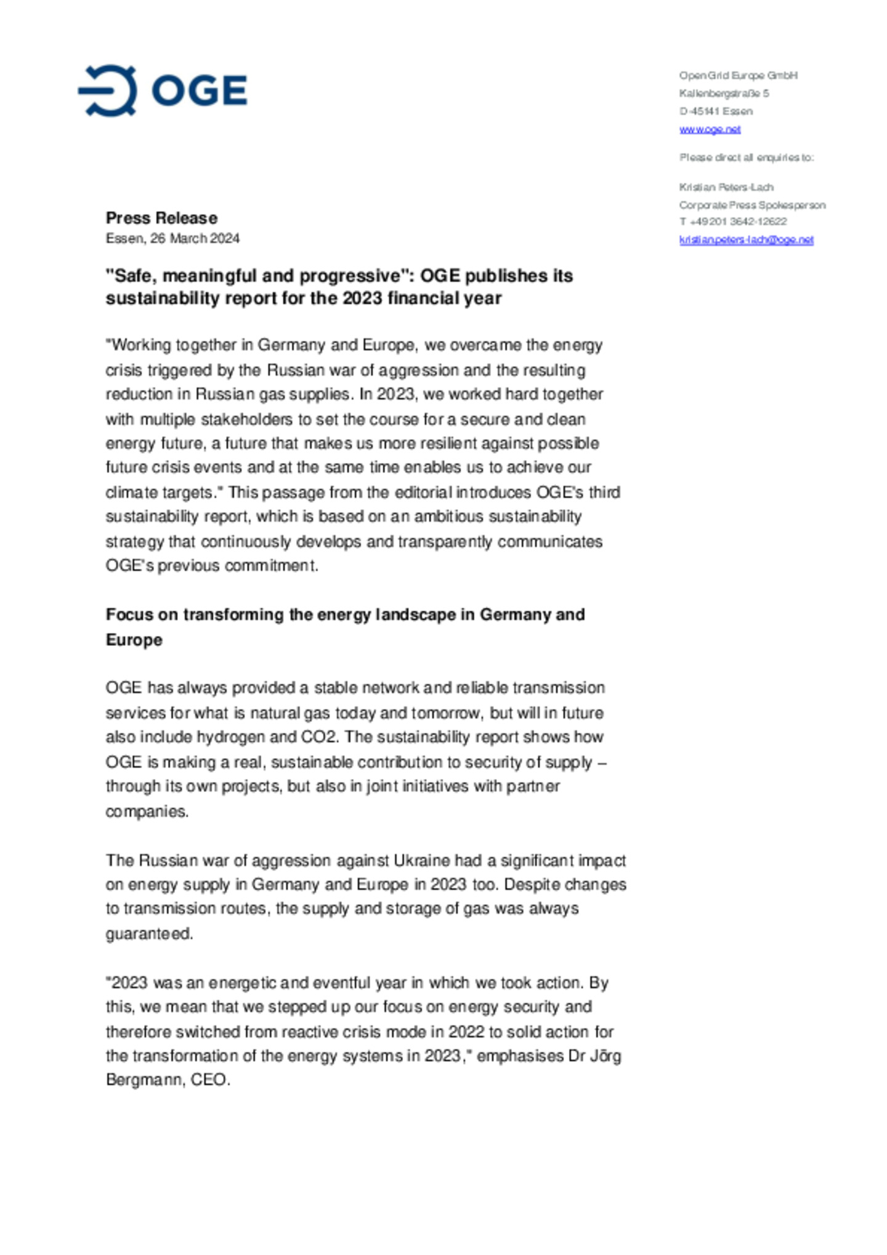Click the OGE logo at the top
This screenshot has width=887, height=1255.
click(x=163, y=91)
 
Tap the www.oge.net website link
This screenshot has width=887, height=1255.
click(x=710, y=129)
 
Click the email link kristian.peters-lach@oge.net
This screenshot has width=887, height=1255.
click(x=746, y=240)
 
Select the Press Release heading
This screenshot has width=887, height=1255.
click(x=161, y=218)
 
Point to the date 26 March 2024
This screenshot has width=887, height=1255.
click(x=195, y=238)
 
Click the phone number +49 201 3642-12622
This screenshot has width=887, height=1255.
click(x=738, y=222)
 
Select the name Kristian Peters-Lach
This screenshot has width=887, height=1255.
click(x=726, y=187)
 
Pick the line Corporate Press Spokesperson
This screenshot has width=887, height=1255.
click(x=752, y=205)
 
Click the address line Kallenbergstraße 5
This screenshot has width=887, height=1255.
click(x=724, y=94)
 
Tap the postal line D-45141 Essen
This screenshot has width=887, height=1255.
click(x=716, y=111)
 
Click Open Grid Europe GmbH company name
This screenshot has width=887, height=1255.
click(x=738, y=76)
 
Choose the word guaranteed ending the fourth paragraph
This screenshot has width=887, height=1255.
click(x=149, y=934)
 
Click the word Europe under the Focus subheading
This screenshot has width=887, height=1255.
click(x=134, y=640)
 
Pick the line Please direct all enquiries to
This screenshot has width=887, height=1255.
click(x=747, y=158)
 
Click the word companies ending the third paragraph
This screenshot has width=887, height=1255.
click(x=147, y=811)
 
